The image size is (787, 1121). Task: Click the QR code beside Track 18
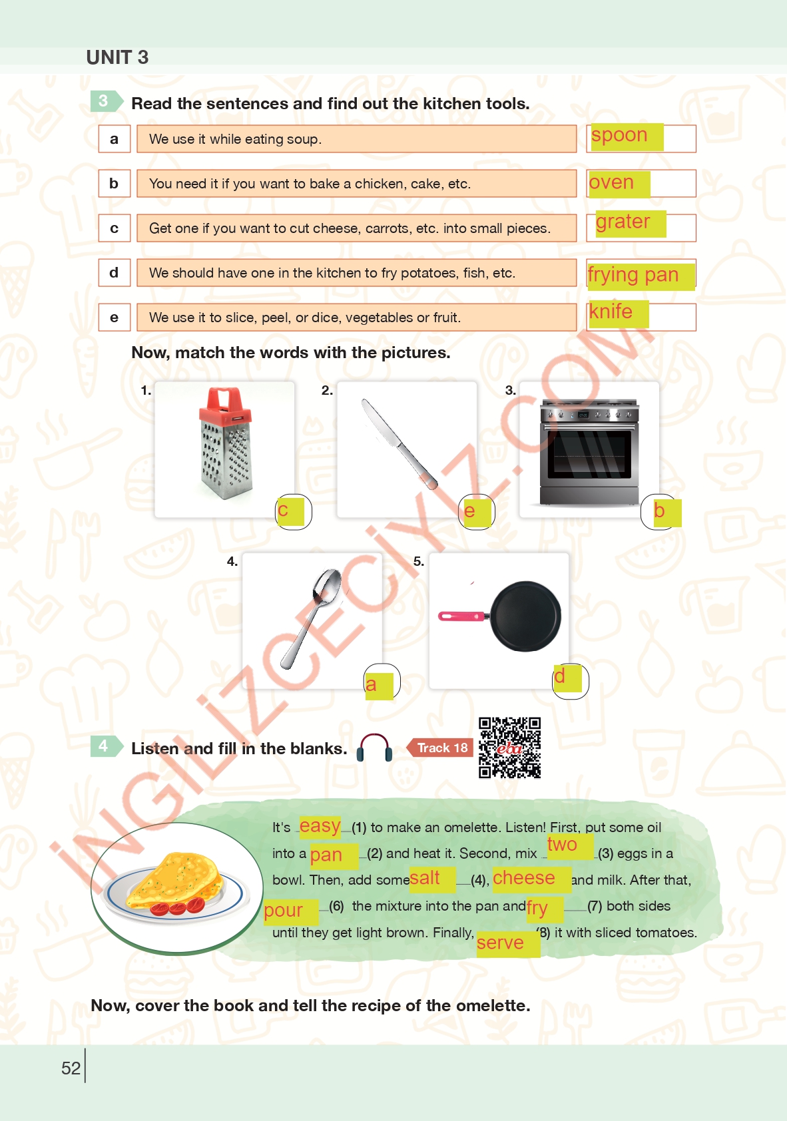(x=509, y=748)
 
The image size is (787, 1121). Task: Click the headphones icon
(x=374, y=748)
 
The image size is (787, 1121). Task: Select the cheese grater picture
(x=225, y=443)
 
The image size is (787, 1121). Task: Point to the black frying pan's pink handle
(x=461, y=616)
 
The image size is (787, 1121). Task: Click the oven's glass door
(x=589, y=455)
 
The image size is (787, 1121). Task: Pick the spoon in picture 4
(x=312, y=618)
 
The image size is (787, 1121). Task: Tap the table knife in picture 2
(x=399, y=443)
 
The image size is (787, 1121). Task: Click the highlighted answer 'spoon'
(x=627, y=136)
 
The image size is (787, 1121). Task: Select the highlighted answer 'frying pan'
(x=641, y=275)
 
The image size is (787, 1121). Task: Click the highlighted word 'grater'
(x=631, y=223)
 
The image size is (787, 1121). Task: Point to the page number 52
(x=71, y=1068)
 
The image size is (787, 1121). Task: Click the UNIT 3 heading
(x=117, y=57)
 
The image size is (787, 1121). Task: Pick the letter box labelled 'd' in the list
(x=114, y=273)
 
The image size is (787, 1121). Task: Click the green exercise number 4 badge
(x=107, y=746)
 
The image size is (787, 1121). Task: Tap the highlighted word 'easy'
(x=320, y=826)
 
